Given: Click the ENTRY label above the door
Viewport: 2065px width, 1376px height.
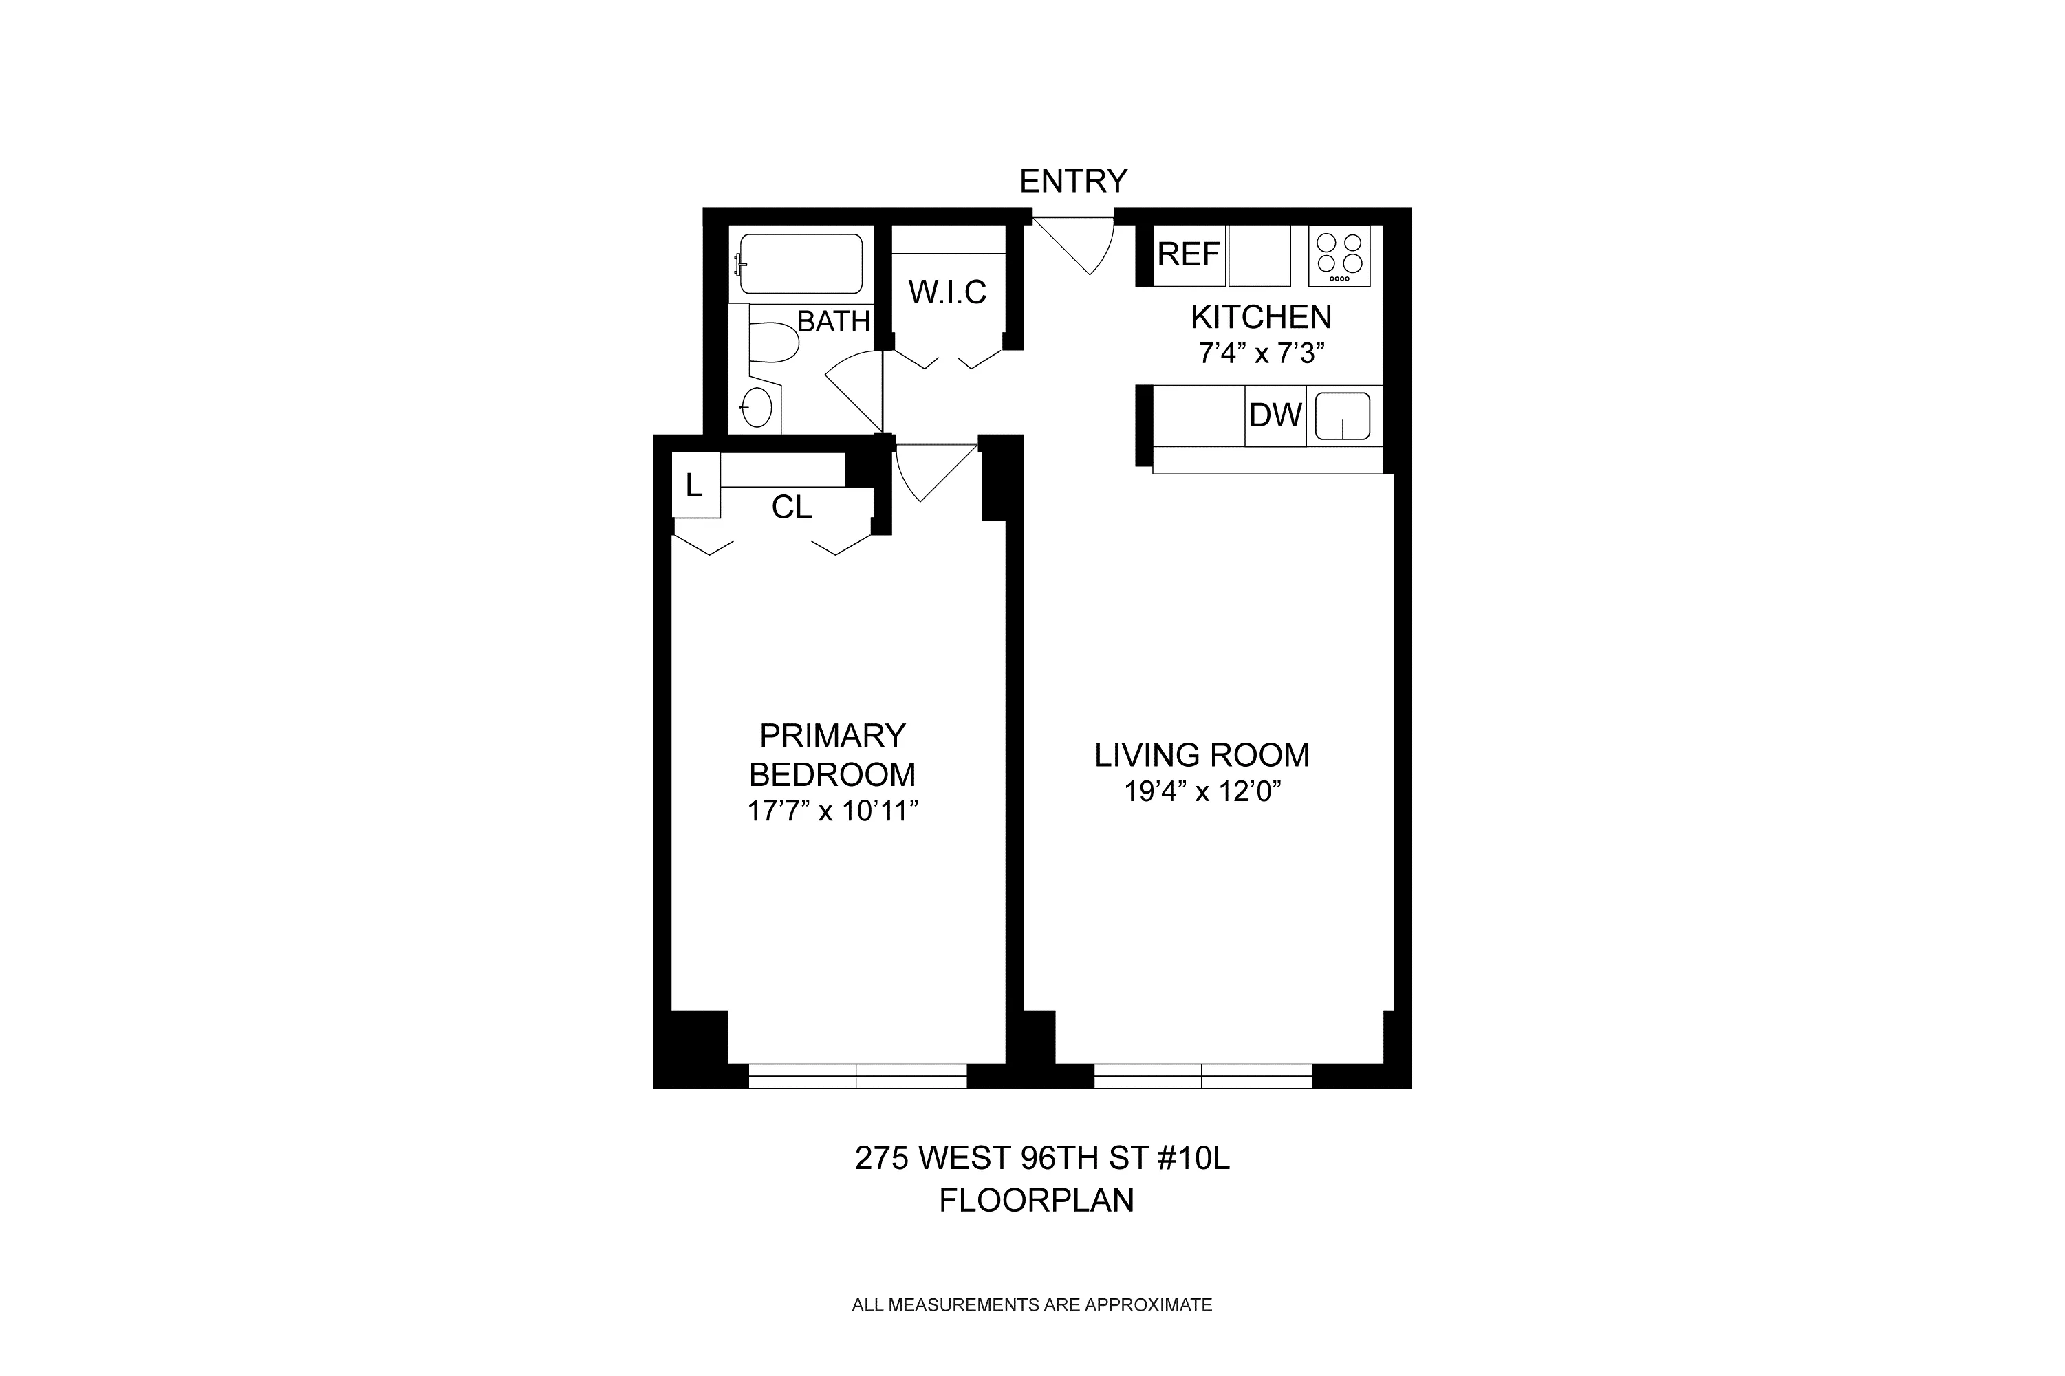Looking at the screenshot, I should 1072,181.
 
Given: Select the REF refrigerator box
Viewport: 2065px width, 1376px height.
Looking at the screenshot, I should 1188,254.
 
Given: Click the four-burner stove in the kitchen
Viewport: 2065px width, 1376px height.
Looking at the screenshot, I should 1339,254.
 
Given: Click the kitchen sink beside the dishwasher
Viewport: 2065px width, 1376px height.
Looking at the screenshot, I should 1343,416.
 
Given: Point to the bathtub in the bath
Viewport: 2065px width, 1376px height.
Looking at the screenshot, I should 801,263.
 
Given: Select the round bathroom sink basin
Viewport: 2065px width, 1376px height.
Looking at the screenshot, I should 757,407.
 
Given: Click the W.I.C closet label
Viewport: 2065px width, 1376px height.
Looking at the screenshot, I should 947,292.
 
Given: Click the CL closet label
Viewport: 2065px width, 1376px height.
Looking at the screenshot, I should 791,507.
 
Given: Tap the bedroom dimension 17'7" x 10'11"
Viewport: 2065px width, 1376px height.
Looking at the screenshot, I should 832,811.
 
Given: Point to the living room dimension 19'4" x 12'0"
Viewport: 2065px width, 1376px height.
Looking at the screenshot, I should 1202,792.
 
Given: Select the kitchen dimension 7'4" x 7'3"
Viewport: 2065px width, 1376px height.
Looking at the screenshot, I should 1260,353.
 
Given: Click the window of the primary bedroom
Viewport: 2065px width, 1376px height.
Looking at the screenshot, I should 856,1076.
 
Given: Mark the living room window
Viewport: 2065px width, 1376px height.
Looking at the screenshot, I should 1202,1076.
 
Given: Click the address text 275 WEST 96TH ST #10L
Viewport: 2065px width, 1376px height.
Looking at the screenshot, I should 1041,1159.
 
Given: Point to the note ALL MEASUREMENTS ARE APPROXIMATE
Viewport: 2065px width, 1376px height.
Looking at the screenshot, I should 1031,1329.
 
